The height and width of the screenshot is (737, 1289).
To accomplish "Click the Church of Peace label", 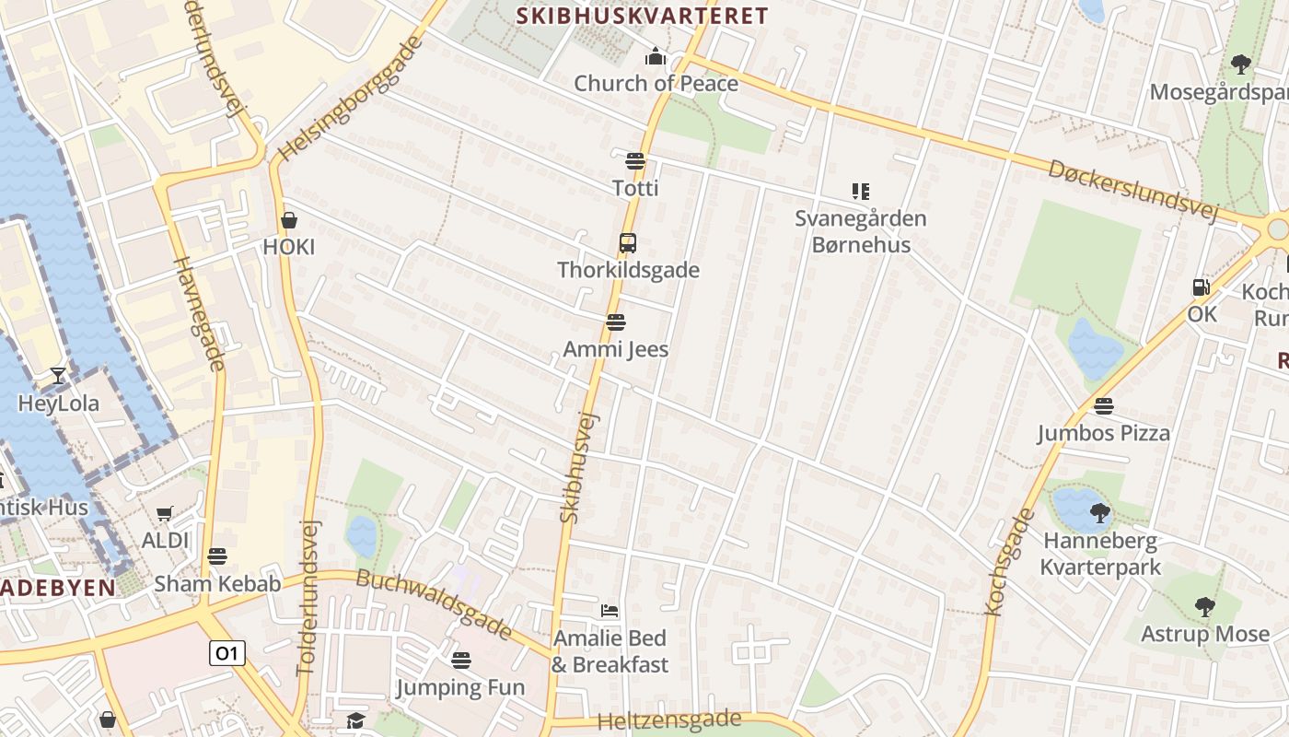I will [656, 83].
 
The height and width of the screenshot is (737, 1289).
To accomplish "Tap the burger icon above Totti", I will [634, 161].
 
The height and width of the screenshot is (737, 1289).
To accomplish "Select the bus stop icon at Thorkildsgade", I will [628, 243].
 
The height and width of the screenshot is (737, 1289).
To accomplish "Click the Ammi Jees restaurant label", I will [615, 349].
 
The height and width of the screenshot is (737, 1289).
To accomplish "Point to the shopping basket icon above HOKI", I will [289, 220].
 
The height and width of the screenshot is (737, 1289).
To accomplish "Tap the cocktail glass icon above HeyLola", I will [58, 376].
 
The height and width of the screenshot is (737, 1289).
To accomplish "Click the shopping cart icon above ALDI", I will [165, 513].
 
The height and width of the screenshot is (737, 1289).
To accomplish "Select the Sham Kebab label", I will [217, 583].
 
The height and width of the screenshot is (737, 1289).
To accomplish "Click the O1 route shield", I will [226, 653].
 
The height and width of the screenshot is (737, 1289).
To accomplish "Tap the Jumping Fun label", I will [460, 687].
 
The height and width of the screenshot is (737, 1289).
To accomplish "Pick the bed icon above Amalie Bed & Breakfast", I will [610, 610].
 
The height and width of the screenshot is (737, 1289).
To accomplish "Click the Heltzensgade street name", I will [669, 719].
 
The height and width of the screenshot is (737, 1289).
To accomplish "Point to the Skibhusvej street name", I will [579, 467].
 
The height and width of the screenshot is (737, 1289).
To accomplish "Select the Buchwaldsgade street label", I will [433, 604].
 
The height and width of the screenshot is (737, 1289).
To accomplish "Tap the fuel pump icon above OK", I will [1201, 287].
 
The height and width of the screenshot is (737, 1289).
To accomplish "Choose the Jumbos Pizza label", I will [1103, 433].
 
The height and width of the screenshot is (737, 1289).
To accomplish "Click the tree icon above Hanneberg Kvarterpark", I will [1099, 512].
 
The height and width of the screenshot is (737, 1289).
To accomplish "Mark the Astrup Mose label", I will [1204, 634].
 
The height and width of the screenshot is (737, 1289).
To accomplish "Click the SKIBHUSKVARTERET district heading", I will [642, 16].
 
